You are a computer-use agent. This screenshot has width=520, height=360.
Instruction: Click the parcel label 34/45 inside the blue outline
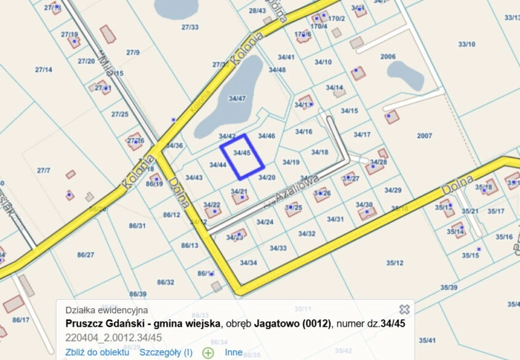242,153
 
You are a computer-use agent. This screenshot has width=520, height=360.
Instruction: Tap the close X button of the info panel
404,310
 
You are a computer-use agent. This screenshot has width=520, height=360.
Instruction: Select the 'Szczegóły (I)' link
166,353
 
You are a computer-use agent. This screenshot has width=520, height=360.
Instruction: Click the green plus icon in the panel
208,353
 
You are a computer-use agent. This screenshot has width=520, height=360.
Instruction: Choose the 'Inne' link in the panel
234,353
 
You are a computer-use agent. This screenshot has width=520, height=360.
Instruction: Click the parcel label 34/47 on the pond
237,98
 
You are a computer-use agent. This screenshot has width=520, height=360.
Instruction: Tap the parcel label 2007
425,135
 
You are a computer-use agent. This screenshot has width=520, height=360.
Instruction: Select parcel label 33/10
467,44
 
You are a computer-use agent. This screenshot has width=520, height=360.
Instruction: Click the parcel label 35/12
395,263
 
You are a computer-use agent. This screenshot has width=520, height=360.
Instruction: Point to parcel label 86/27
86,255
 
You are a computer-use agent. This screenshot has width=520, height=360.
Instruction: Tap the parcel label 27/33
190,27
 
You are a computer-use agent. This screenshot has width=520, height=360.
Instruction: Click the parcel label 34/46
266,136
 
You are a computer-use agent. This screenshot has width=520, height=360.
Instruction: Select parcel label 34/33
278,248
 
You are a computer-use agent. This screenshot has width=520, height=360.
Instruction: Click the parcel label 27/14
44,70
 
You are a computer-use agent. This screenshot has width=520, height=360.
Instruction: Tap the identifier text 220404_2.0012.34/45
114,337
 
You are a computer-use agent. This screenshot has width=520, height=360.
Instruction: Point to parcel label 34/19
290,162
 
